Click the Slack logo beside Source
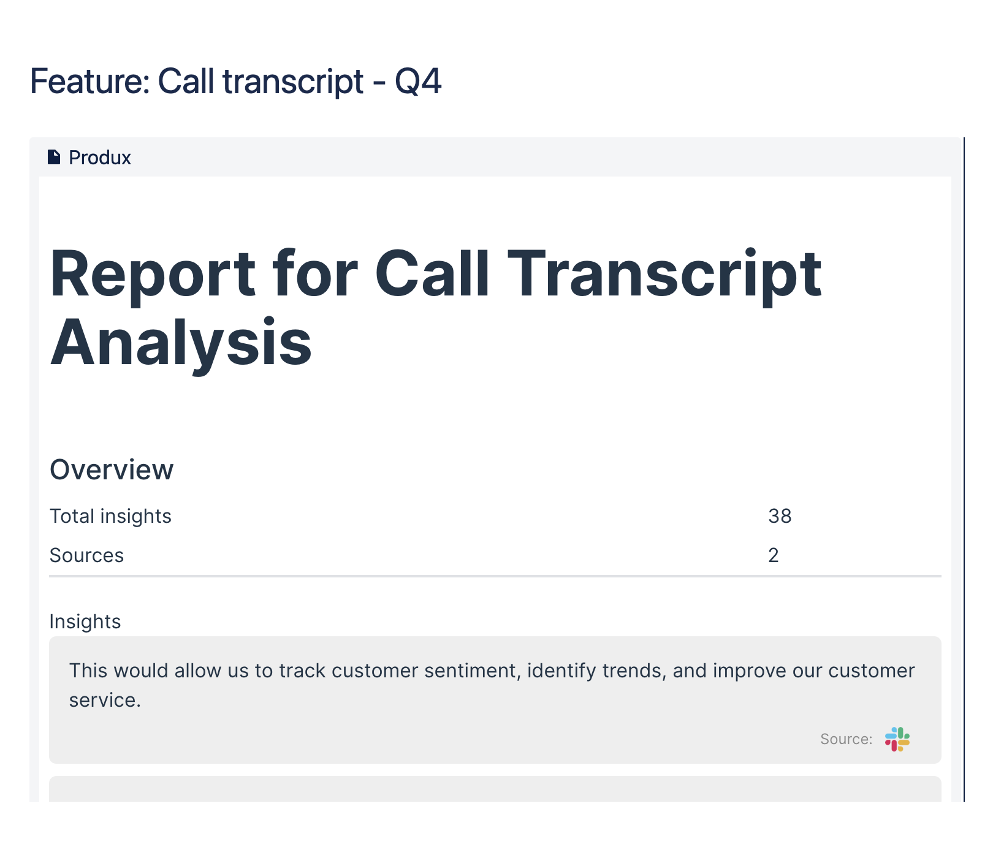coord(897,739)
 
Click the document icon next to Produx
coord(54,158)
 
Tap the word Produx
coord(100,158)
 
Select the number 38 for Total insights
coord(780,516)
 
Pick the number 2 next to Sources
coord(774,555)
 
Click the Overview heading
coord(112,470)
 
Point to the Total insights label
coord(110,516)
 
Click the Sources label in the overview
coord(86,555)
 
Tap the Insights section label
coord(85,622)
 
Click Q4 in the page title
coord(418,82)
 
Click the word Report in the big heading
coord(152,274)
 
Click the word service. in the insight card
coord(105,700)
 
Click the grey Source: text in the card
coord(847,739)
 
